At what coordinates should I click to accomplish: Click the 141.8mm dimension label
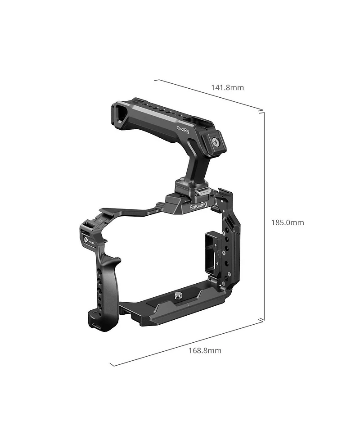[x=227, y=87]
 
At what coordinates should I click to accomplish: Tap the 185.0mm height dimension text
[x=287, y=222]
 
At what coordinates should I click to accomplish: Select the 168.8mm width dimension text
[x=205, y=350]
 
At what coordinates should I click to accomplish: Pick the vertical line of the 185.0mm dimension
[x=263, y=216]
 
